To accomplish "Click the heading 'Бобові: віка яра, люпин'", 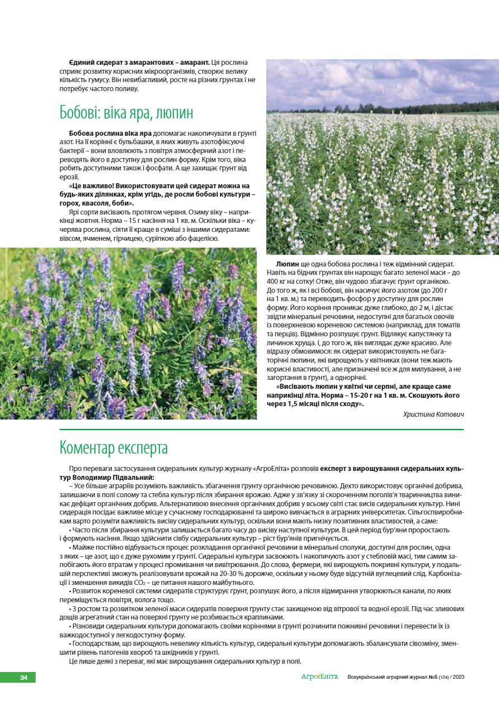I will click(126, 113).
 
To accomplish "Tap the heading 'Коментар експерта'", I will click(114, 448).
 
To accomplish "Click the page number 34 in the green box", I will click(23, 677).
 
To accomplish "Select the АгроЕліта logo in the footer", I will click(319, 677).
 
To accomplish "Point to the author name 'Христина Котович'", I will click(433, 414).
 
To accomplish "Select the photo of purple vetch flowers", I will click(128, 334).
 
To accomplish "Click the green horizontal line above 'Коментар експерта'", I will click(261, 430).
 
